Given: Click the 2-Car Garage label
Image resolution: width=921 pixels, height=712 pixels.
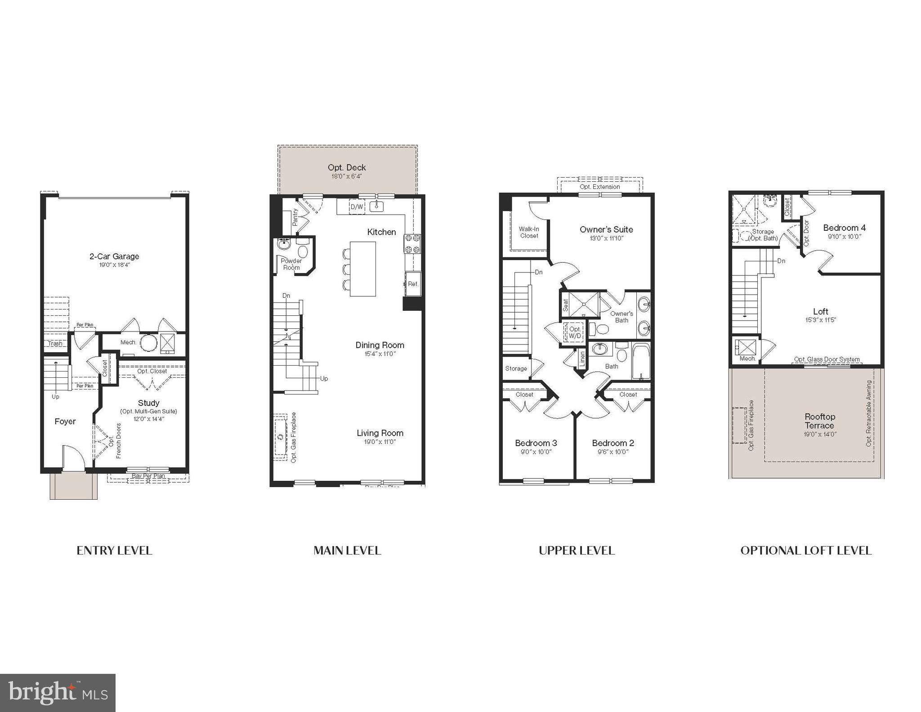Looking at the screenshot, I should click(x=114, y=256).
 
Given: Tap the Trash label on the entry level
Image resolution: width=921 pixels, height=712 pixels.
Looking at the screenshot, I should click(x=55, y=344).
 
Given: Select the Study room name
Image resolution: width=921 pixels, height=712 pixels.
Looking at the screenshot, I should click(x=148, y=403).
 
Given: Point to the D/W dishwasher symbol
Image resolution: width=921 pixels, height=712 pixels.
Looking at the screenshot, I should click(x=357, y=207).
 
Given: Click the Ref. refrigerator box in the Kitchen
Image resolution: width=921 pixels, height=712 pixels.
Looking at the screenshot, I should click(x=413, y=284).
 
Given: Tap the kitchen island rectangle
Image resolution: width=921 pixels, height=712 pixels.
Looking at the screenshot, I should click(x=362, y=269).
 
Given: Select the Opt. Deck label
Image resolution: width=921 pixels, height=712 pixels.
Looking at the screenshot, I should click(x=347, y=168).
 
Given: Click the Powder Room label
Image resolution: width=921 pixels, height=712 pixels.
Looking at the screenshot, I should click(x=291, y=264).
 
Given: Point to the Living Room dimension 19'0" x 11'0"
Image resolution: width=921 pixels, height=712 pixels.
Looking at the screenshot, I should click(x=380, y=442).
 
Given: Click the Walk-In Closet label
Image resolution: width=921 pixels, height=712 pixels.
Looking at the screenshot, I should click(x=529, y=232).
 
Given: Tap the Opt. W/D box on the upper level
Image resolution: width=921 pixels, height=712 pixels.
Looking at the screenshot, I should click(x=575, y=332).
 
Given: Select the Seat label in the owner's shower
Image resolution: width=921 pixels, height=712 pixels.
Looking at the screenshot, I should click(x=566, y=305).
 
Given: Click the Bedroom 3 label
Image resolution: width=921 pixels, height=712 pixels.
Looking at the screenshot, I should click(x=536, y=443).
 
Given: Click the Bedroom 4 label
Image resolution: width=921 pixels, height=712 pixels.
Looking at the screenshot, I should click(x=844, y=228).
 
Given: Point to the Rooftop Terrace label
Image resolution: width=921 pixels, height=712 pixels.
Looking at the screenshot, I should click(x=819, y=421).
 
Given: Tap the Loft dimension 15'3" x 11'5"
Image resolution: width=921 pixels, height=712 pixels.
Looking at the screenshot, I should click(x=821, y=320).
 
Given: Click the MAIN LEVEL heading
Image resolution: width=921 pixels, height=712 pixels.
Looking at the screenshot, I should click(x=347, y=551).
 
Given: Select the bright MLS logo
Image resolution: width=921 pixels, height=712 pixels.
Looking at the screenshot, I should click(x=58, y=693).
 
